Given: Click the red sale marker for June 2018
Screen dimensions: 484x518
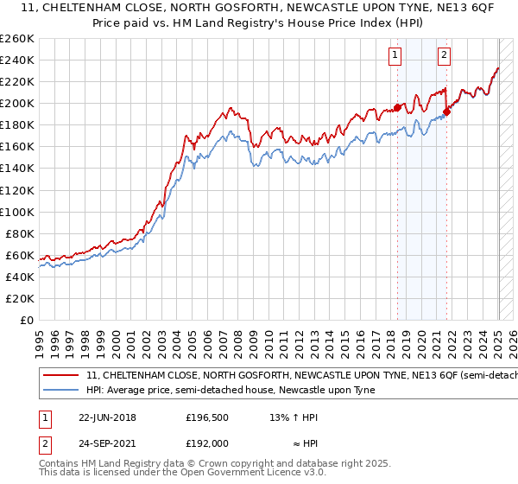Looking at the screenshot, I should click(x=397, y=107).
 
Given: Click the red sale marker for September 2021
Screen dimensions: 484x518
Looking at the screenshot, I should click(x=447, y=111).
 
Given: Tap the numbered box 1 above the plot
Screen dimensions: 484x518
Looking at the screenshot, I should click(x=395, y=56).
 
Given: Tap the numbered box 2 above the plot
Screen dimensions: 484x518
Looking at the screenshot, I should click(x=444, y=56).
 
